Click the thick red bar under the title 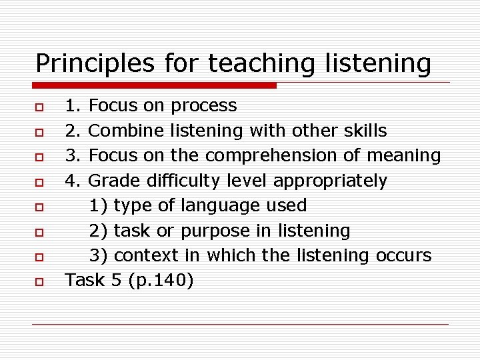155,85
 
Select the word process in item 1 203,106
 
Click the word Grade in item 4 107,181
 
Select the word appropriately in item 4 330,181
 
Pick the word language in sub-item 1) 217,205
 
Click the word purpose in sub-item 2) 213,231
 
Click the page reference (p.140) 161,281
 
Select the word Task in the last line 85,281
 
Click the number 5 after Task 117,281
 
